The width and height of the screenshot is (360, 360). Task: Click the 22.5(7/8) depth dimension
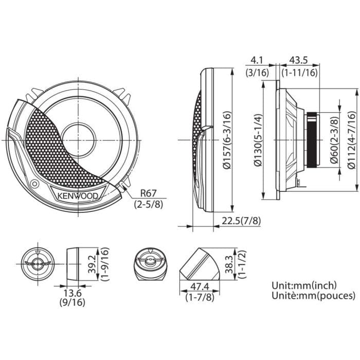[x=241, y=221]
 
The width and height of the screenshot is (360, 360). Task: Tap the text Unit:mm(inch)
[x=303, y=285]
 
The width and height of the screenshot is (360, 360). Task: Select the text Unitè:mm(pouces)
[x=313, y=296]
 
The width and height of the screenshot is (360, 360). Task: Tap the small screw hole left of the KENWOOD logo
[x=34, y=184]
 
